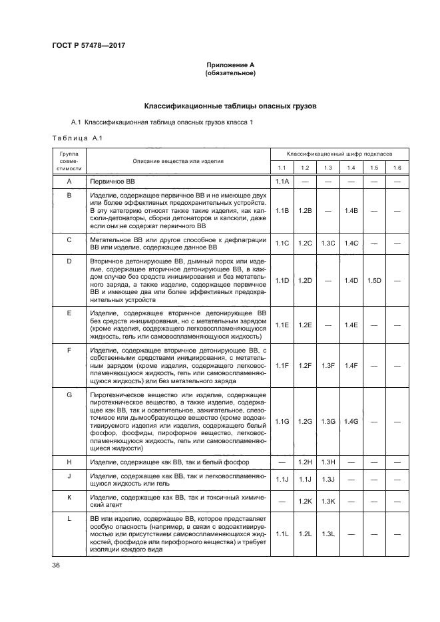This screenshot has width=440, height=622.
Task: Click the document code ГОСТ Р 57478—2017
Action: click(89, 45)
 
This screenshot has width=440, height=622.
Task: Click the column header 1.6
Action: click(397, 168)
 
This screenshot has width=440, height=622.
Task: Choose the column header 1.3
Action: click(328, 168)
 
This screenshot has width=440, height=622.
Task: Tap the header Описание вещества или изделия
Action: click(178, 161)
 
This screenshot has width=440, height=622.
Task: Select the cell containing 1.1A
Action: click(282, 181)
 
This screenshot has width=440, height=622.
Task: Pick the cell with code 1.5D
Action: click(374, 280)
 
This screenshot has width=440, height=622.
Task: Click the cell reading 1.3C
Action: click(328, 243)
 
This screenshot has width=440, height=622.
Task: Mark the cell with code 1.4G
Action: click(351, 422)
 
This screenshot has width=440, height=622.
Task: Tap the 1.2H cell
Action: click(305, 462)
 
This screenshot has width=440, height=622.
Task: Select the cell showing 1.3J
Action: click(328, 479)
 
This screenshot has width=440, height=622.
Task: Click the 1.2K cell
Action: click(305, 501)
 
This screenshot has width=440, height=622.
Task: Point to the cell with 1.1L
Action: click(282, 534)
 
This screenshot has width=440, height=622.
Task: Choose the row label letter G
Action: click(69, 395)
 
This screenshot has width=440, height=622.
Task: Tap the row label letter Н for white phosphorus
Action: click(69, 462)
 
